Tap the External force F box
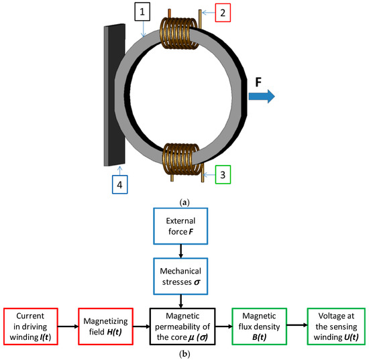(182, 227)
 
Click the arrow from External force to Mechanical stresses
(182, 250)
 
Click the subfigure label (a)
(183, 200)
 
